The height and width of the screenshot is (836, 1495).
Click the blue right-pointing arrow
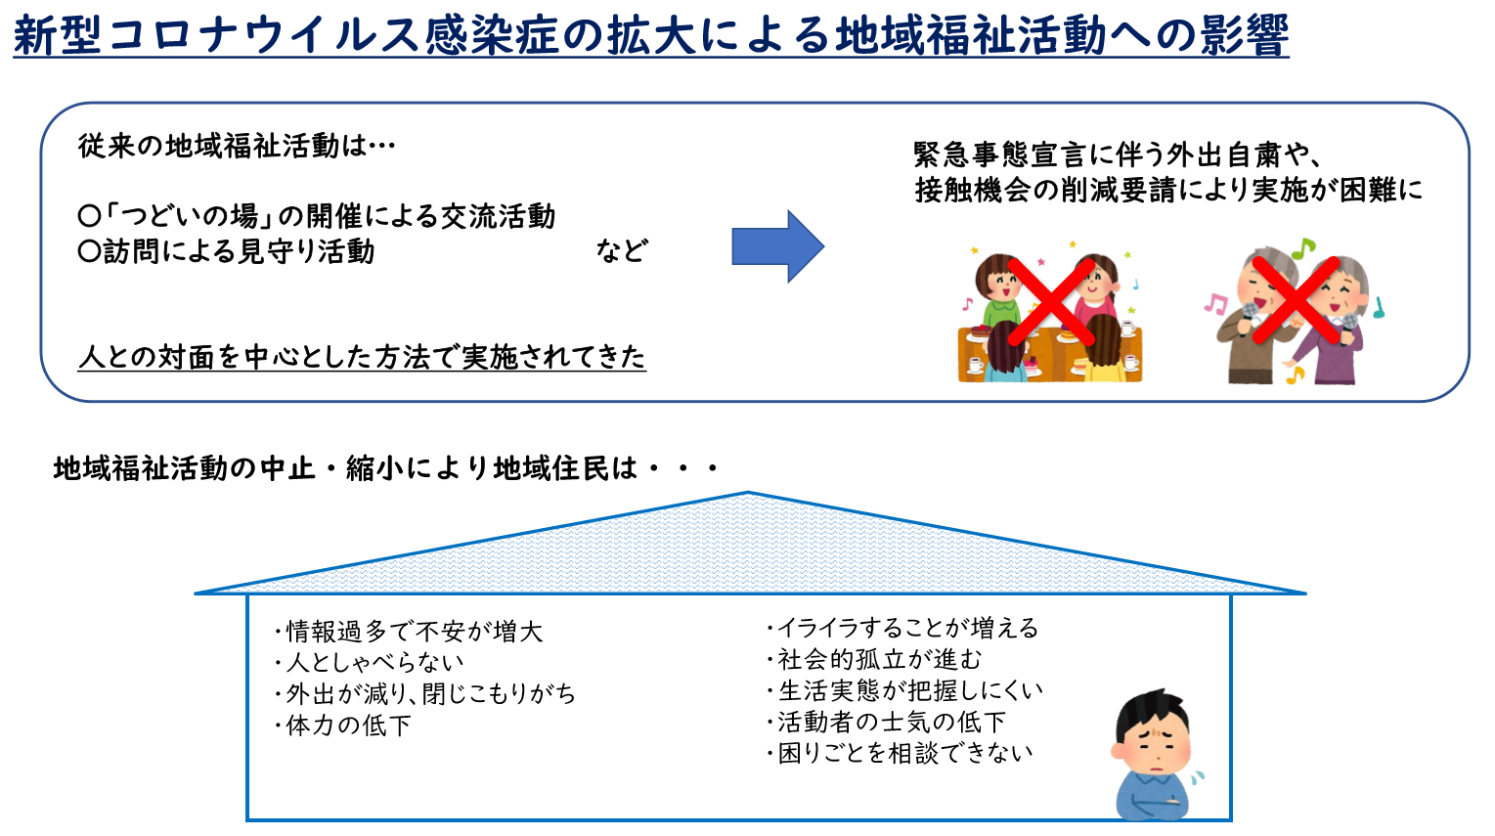(x=777, y=246)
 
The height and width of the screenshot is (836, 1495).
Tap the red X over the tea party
(x=1051, y=301)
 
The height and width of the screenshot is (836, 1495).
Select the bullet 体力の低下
(x=343, y=726)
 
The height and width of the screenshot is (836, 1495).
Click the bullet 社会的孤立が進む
(x=874, y=659)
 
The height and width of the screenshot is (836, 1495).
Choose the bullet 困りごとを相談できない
(x=900, y=753)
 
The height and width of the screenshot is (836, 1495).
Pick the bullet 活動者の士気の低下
(x=886, y=722)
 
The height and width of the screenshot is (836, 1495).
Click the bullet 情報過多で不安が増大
(x=409, y=632)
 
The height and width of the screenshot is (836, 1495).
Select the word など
(x=621, y=251)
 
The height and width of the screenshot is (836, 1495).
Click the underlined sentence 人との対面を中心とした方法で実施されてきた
(x=362, y=357)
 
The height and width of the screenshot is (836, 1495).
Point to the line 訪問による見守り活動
(x=226, y=251)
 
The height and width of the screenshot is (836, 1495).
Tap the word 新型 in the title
(x=58, y=34)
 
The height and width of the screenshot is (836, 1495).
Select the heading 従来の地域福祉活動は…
(x=237, y=146)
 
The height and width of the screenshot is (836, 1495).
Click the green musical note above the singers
(x=1302, y=247)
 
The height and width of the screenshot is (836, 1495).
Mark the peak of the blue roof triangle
(x=748, y=493)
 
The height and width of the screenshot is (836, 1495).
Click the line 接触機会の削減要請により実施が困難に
(x=1168, y=190)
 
